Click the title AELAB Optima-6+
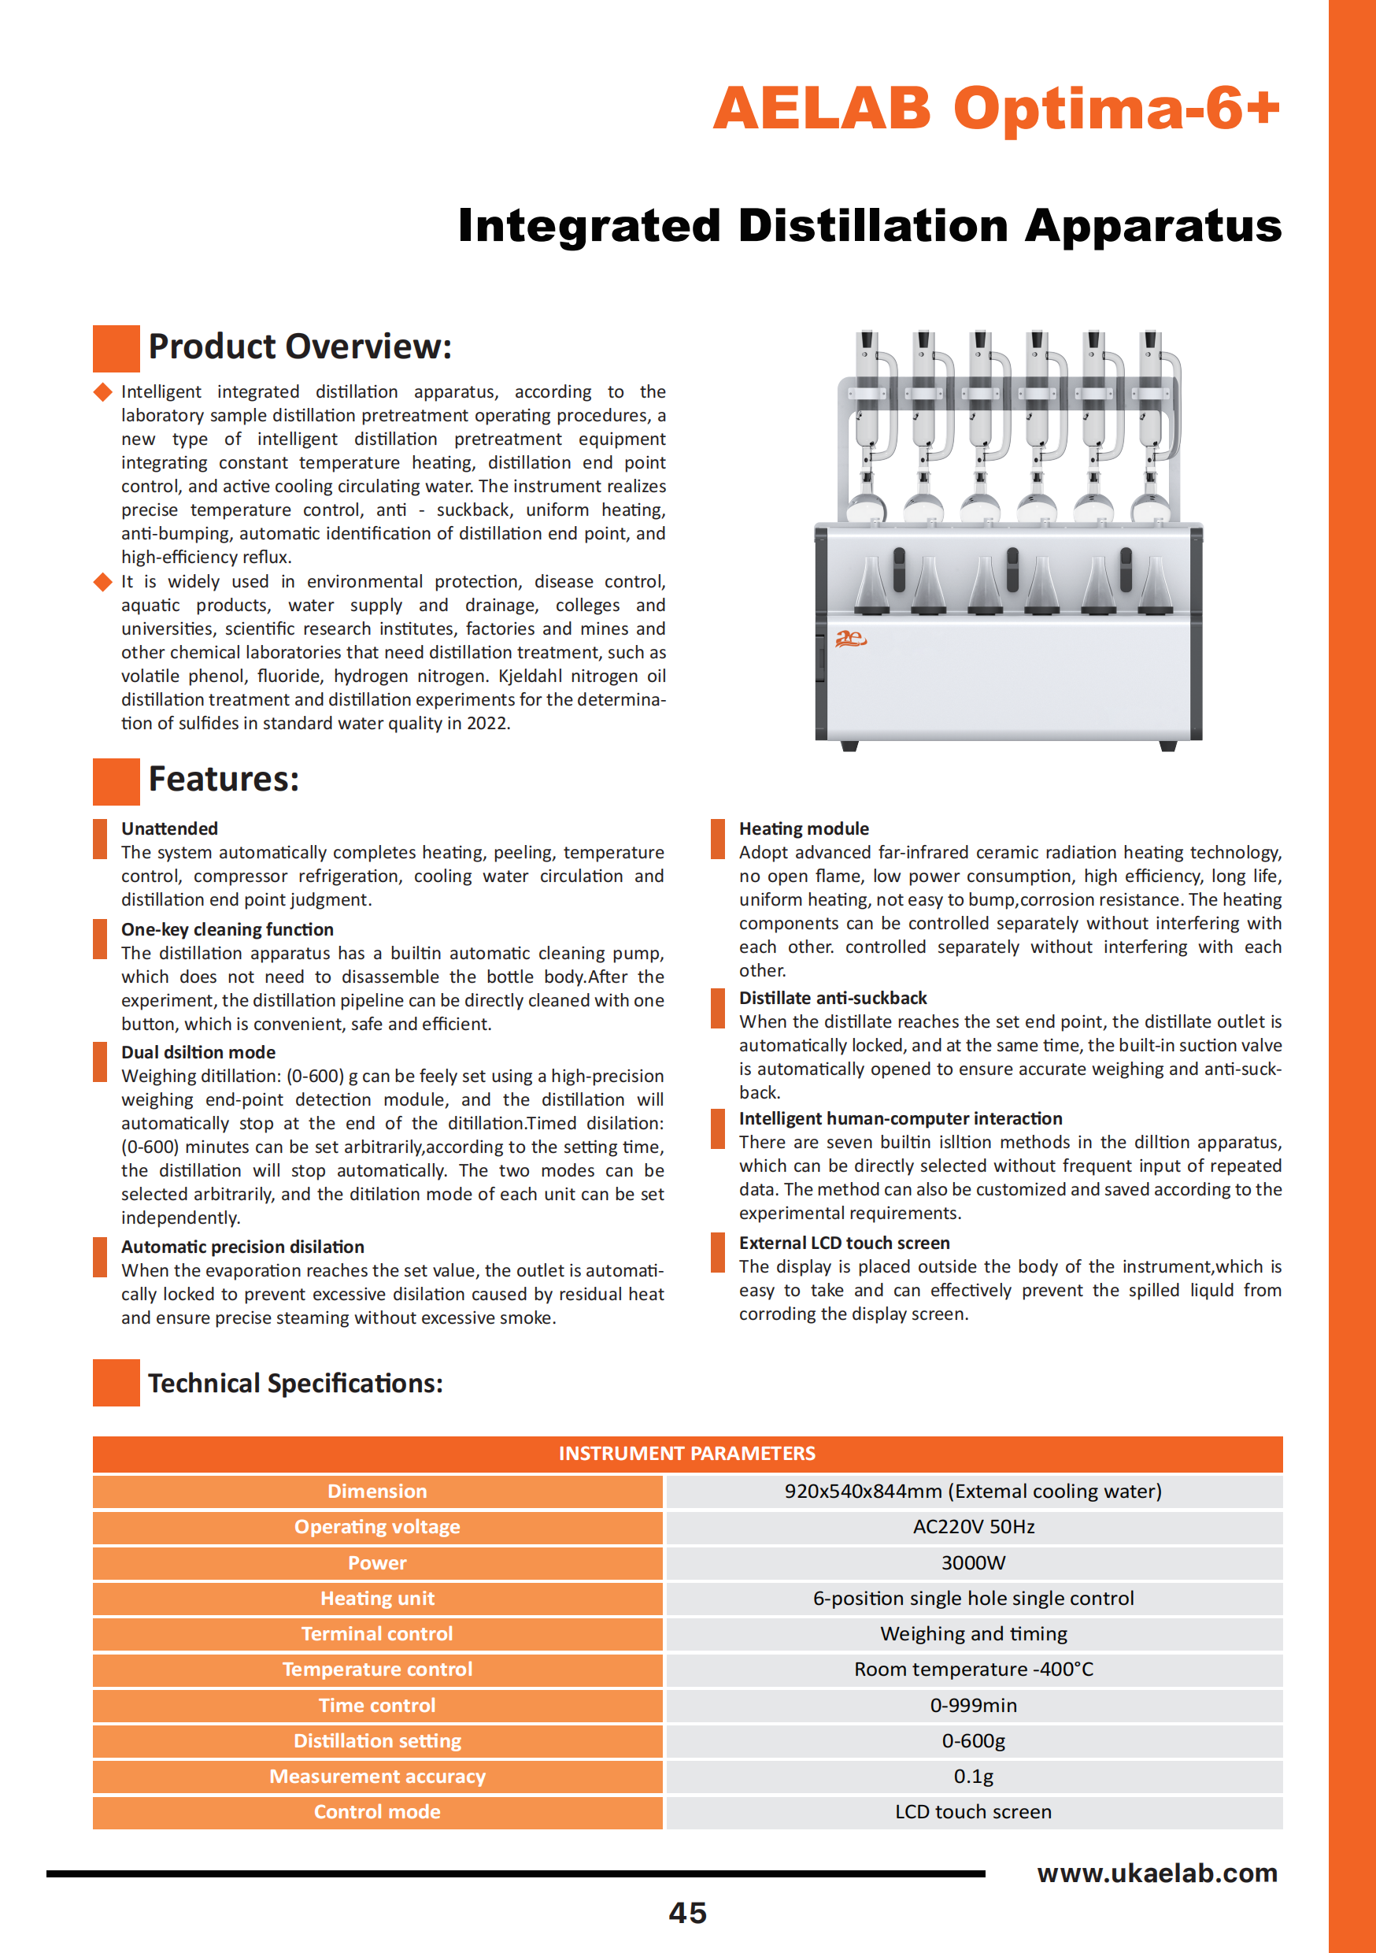(x=996, y=108)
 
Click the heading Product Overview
(x=299, y=346)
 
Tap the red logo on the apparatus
(x=849, y=638)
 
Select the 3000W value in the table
(x=973, y=1562)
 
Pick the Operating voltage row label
(x=377, y=1527)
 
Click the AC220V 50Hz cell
(x=973, y=1527)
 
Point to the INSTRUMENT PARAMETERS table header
(x=687, y=1454)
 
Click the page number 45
(x=687, y=1913)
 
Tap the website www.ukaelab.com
(x=1156, y=1873)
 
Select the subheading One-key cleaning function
(x=227, y=929)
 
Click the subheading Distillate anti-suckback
(x=833, y=998)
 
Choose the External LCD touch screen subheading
(x=844, y=1243)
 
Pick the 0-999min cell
(x=973, y=1706)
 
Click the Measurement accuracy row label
(x=377, y=1776)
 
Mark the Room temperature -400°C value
(x=973, y=1669)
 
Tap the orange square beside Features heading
(x=116, y=781)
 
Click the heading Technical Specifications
(x=295, y=1383)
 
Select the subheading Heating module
(x=804, y=828)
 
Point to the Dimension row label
(x=377, y=1491)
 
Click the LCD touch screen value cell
(x=973, y=1812)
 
